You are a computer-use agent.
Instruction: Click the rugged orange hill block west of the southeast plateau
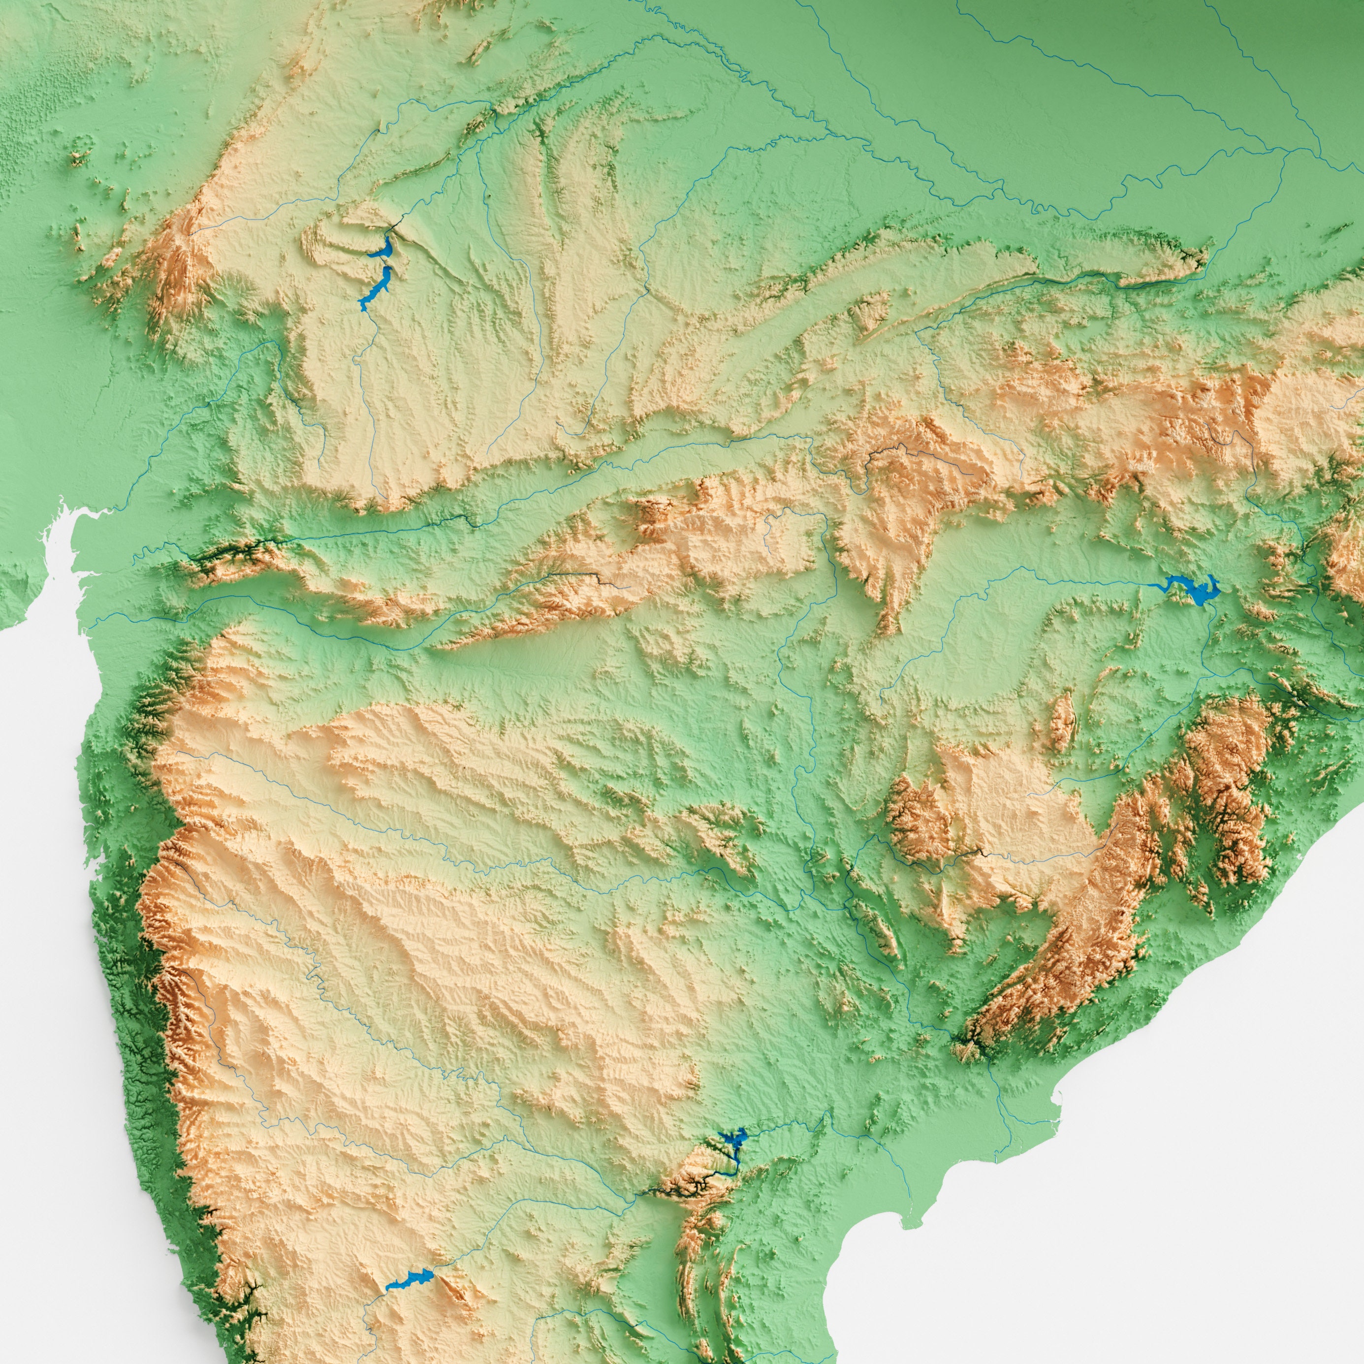point(918,819)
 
